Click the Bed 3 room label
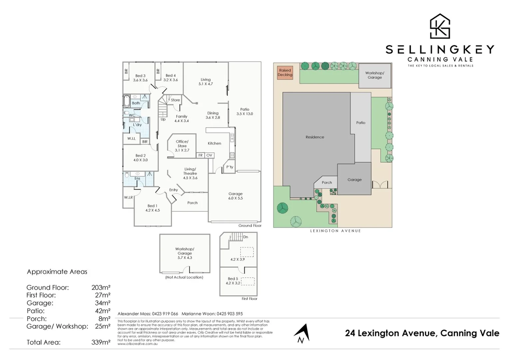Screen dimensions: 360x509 [x=140, y=76]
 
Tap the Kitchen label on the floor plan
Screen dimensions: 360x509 [x=214, y=143]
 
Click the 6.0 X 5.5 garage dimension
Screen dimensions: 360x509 [x=236, y=198]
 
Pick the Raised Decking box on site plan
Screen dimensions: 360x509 [x=285, y=73]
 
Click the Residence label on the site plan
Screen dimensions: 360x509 [x=315, y=137]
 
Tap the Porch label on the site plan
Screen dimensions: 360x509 [x=327, y=183]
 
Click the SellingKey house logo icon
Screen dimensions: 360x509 [x=440, y=26]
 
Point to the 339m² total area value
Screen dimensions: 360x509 [x=101, y=342]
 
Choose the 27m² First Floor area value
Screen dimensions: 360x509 [x=103, y=295]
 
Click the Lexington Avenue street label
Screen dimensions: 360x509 [x=335, y=231]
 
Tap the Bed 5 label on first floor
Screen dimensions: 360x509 [x=233, y=279]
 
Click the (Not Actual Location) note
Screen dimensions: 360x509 [x=184, y=277]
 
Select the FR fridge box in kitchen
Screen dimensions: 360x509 [x=201, y=155]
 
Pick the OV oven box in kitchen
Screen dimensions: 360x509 [x=209, y=155]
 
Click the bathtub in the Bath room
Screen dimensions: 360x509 [x=127, y=101]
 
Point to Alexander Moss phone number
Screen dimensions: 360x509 [x=165, y=314]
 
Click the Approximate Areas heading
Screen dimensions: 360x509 [x=57, y=272]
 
